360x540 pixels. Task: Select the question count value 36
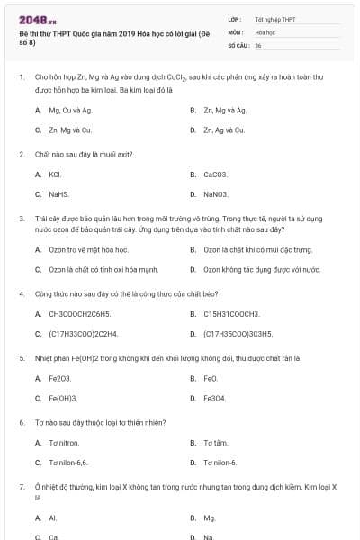[x=258, y=44]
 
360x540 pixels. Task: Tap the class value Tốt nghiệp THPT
[x=274, y=19]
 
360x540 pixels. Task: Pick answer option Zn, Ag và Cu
[x=223, y=130]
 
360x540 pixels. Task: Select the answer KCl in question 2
[x=54, y=174]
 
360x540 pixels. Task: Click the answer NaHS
[x=58, y=193]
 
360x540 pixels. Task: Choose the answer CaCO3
[x=216, y=174]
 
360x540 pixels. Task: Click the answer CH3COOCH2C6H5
[x=79, y=313]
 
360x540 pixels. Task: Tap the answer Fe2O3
[x=59, y=378]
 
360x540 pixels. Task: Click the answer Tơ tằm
[x=215, y=443]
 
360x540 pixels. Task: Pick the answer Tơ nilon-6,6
[x=67, y=463]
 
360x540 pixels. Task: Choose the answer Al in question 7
[x=52, y=517]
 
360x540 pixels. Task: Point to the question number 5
[x=22, y=357]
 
